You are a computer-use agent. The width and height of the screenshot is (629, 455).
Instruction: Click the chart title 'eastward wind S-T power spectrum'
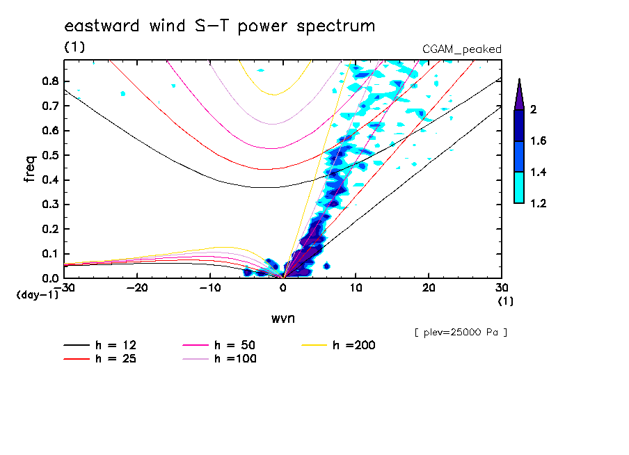pos(219,26)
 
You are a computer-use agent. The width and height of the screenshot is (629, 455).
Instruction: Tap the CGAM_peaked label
pos(462,49)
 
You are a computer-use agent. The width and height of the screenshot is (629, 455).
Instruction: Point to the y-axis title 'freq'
pos(30,168)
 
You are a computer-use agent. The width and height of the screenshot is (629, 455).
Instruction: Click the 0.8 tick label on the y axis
pos(49,81)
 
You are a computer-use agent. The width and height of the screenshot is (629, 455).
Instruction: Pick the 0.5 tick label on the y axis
pos(49,155)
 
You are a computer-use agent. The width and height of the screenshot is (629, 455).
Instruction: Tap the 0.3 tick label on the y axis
pos(49,205)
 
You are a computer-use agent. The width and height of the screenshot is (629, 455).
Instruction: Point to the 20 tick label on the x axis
pos(429,288)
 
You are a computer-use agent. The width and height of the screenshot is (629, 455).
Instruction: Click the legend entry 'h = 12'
pos(116,345)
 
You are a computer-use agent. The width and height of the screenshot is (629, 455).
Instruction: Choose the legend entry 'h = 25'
pos(116,359)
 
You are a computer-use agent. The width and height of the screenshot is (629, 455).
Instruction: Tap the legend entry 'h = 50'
pos(234,345)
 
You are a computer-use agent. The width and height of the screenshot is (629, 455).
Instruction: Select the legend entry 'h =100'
pos(234,359)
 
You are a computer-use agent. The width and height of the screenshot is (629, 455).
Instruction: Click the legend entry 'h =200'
pos(353,345)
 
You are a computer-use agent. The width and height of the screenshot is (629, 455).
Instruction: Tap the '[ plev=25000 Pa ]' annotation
pos(460,333)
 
